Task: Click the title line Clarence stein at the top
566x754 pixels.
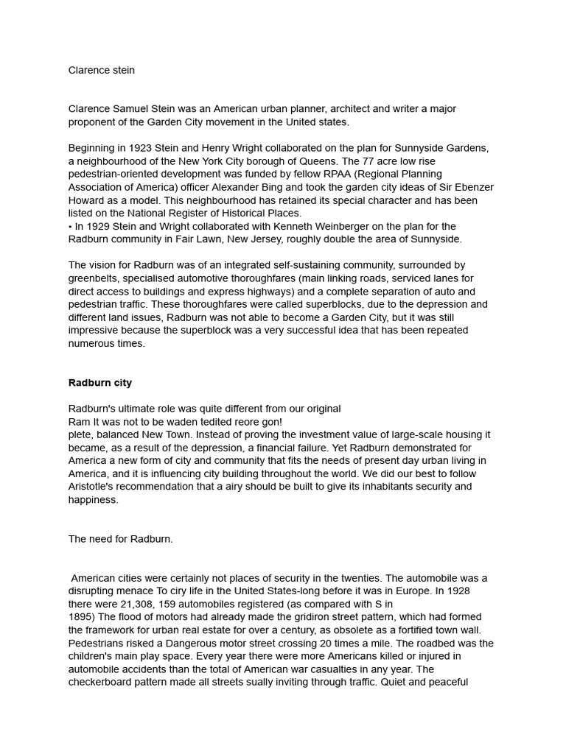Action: tap(102, 71)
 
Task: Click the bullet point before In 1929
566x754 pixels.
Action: tap(71, 226)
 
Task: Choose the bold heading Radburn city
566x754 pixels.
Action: tap(100, 383)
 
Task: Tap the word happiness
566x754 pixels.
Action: tap(93, 500)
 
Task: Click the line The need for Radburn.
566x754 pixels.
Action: tap(121, 539)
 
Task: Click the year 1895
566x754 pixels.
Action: tap(81, 617)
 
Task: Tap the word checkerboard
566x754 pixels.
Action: tap(103, 683)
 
